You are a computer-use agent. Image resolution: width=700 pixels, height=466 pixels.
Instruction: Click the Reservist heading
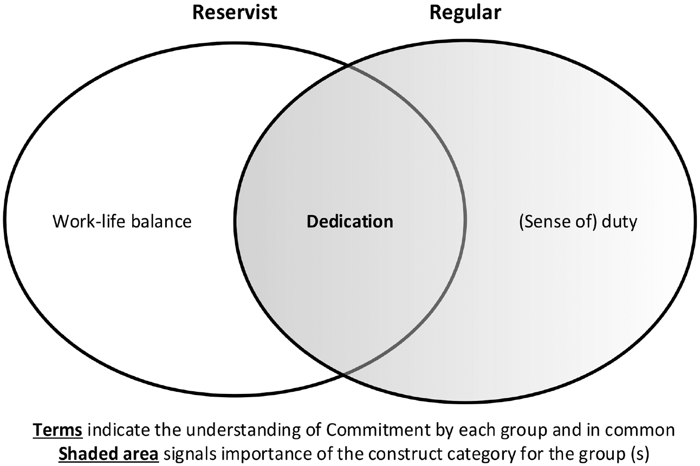pos(235,12)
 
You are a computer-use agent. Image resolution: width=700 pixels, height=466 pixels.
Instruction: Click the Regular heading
pos(465,13)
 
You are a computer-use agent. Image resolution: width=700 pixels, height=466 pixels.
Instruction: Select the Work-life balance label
pos(122,222)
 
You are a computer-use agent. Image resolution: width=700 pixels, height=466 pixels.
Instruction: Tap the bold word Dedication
pos(350,222)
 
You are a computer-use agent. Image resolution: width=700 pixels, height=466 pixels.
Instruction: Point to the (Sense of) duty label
pos(578,222)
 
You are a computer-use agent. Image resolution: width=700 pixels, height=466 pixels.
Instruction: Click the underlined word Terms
pos(57,430)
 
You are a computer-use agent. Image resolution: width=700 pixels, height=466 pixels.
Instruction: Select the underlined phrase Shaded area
pos(108,454)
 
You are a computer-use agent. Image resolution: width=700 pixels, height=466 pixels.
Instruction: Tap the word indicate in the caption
pos(119,430)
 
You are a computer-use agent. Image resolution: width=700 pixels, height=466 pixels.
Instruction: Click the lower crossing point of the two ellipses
pos(343,373)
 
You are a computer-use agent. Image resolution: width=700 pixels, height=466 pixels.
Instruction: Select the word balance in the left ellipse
pos(161,222)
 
